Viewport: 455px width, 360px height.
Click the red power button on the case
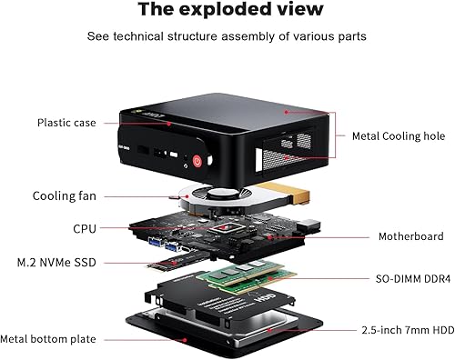pos(197,162)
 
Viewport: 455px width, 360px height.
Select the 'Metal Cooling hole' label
pos(399,136)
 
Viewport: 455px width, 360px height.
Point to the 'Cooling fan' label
pos(64,195)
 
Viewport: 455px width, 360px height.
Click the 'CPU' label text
pos(85,229)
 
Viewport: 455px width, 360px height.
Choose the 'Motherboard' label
pos(411,236)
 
